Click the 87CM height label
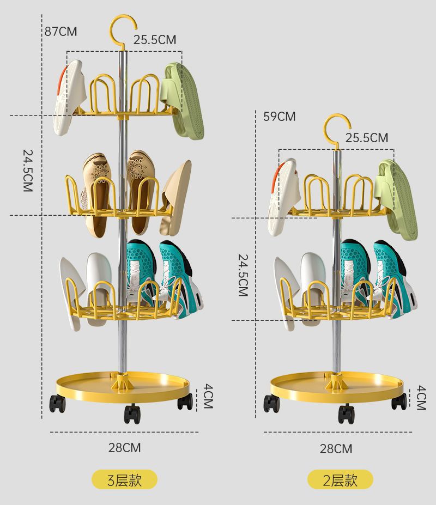(60, 32)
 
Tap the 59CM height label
(279, 117)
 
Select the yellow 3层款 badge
(124, 480)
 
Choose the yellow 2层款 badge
(340, 480)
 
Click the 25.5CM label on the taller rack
(155, 39)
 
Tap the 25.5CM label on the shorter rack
(367, 138)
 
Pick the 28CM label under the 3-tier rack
(124, 448)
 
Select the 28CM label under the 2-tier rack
(336, 448)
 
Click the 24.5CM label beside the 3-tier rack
(28, 171)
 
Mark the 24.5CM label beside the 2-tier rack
(243, 275)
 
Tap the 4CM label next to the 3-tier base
(208, 396)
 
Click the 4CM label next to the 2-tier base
(421, 398)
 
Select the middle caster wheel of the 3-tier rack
(131, 413)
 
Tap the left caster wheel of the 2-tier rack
(271, 403)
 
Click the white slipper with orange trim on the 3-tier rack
(68, 97)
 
